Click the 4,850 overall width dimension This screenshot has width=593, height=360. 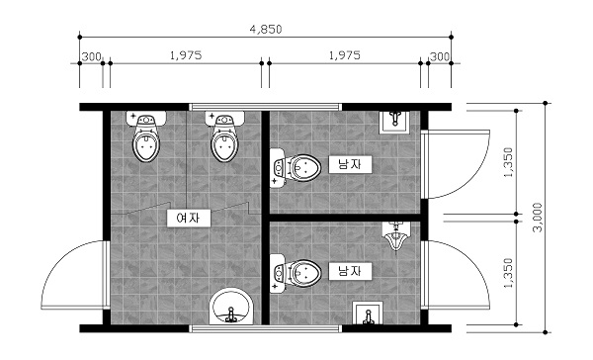pyautogui.click(x=266, y=29)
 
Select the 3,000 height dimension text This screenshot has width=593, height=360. pyautogui.click(x=538, y=218)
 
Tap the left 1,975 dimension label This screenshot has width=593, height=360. pyautogui.click(x=186, y=55)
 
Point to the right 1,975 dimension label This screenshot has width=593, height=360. pyautogui.click(x=345, y=55)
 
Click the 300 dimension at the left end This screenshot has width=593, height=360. pyautogui.click(x=92, y=56)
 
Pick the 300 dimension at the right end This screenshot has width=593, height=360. pyautogui.click(x=440, y=56)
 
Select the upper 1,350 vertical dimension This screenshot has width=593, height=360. pyautogui.click(x=509, y=162)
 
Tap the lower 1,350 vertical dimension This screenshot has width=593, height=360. pyautogui.click(x=509, y=273)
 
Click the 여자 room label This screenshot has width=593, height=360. pyautogui.click(x=189, y=218)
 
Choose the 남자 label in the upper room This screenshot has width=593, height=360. pyautogui.click(x=350, y=164)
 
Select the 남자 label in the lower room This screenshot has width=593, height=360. pyautogui.click(x=350, y=271)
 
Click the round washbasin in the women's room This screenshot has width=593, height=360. pyautogui.click(x=231, y=307)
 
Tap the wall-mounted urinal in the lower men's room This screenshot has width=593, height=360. pyautogui.click(x=395, y=236)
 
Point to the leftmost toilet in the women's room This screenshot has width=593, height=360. pyautogui.click(x=146, y=137)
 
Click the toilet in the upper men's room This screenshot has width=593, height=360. pyautogui.click(x=296, y=167)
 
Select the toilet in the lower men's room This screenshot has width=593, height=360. pyautogui.click(x=296, y=273)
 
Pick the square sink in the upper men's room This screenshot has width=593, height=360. pyautogui.click(x=394, y=122)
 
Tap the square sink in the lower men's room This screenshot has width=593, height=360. pyautogui.click(x=368, y=313)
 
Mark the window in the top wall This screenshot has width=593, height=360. pyautogui.click(x=265, y=107)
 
